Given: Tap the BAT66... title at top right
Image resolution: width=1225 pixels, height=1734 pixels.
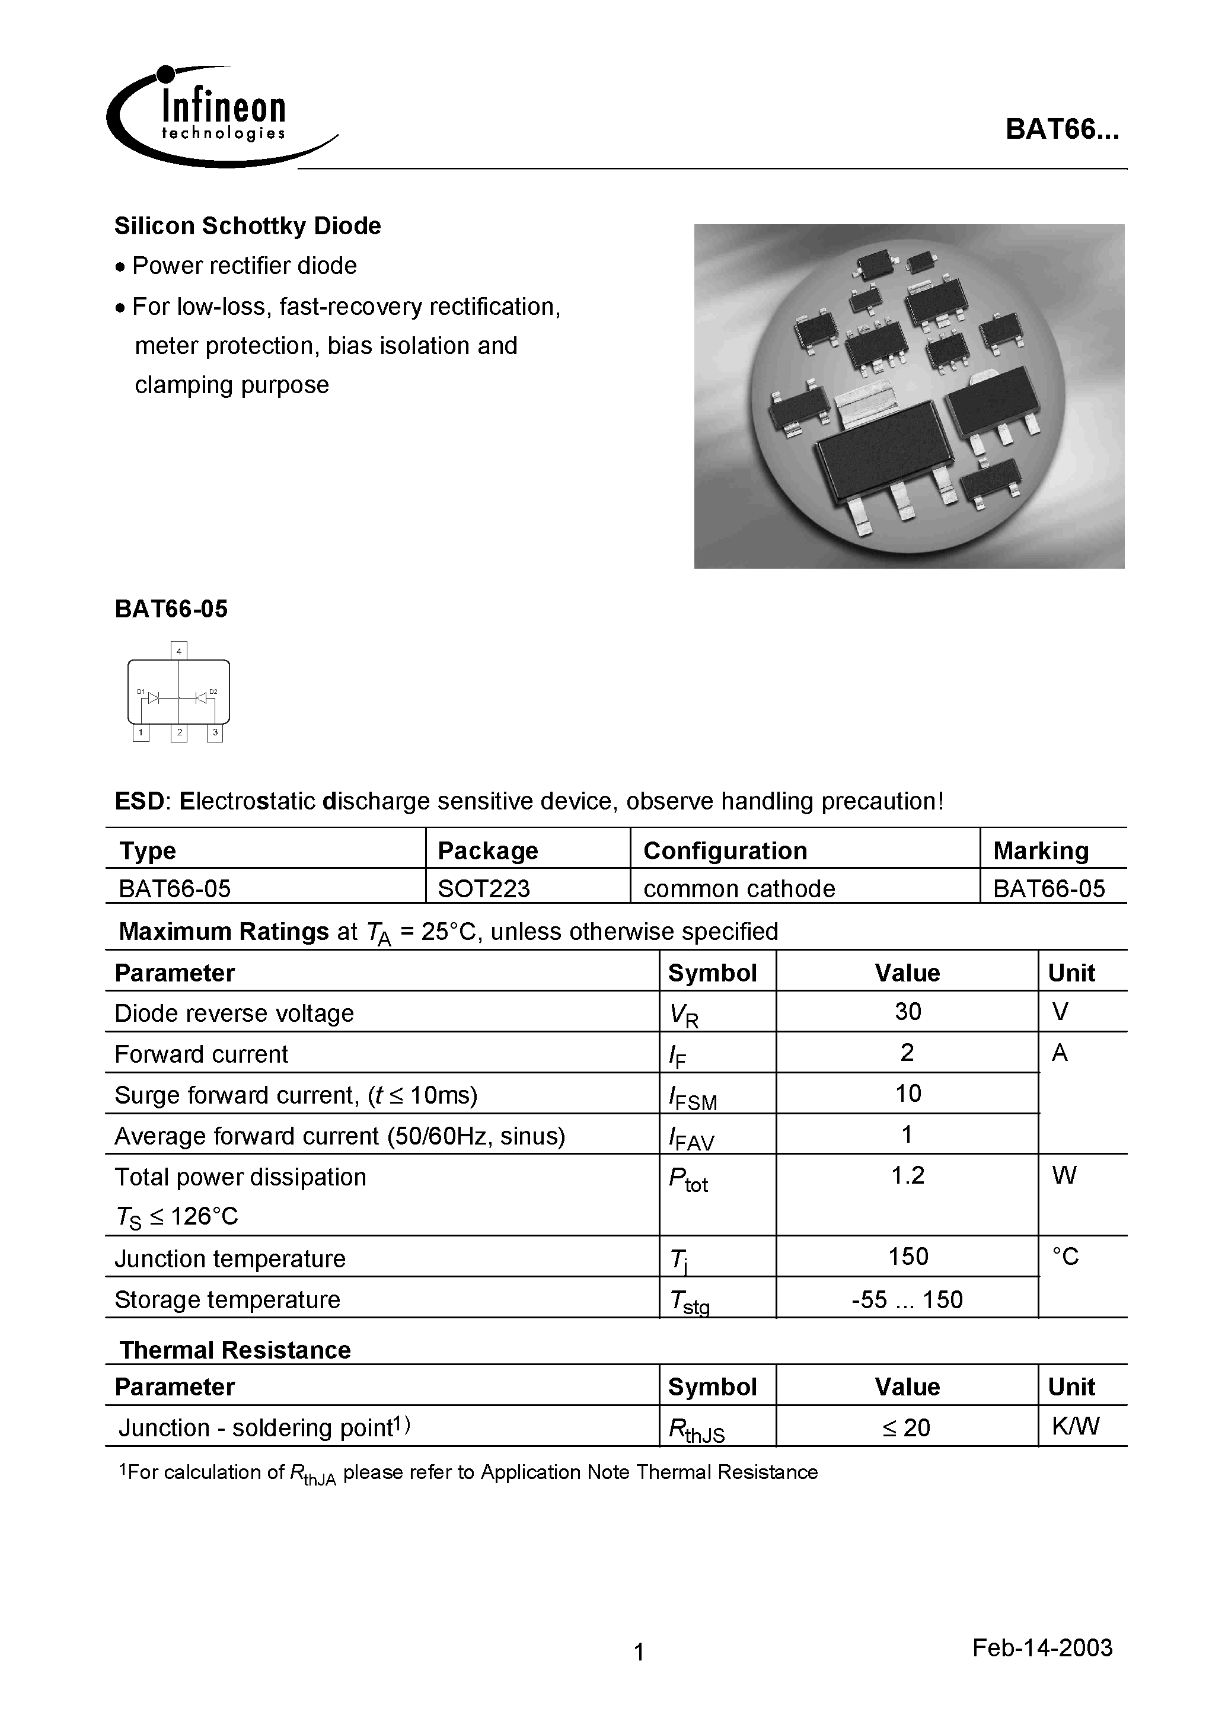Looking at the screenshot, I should [x=1061, y=130].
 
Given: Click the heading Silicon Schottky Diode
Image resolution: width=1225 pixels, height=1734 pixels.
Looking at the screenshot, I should [x=247, y=226].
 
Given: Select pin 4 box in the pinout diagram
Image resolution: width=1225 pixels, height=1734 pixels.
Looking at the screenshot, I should [x=179, y=650].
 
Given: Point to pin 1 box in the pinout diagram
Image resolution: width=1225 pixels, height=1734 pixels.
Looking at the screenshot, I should [x=141, y=732].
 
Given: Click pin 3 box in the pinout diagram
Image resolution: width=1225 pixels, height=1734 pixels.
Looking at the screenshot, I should [x=215, y=732].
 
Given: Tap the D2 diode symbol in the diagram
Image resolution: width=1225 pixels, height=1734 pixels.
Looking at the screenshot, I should [x=202, y=698].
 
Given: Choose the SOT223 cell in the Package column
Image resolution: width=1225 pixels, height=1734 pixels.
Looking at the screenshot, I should [x=483, y=888].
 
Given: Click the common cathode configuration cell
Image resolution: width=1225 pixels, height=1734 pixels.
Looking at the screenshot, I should [x=739, y=888].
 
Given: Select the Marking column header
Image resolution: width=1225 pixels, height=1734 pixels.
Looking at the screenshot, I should [x=1041, y=850].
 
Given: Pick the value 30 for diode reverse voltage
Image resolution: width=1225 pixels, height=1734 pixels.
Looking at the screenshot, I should [x=907, y=1011].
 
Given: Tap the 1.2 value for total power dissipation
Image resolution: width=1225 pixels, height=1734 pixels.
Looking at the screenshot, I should [x=907, y=1175].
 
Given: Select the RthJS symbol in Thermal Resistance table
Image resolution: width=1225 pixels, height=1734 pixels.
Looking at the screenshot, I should [x=696, y=1430].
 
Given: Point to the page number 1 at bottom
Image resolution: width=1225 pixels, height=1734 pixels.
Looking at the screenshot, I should [x=639, y=1652].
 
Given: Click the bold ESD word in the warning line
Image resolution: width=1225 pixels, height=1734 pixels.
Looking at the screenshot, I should [x=139, y=801].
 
